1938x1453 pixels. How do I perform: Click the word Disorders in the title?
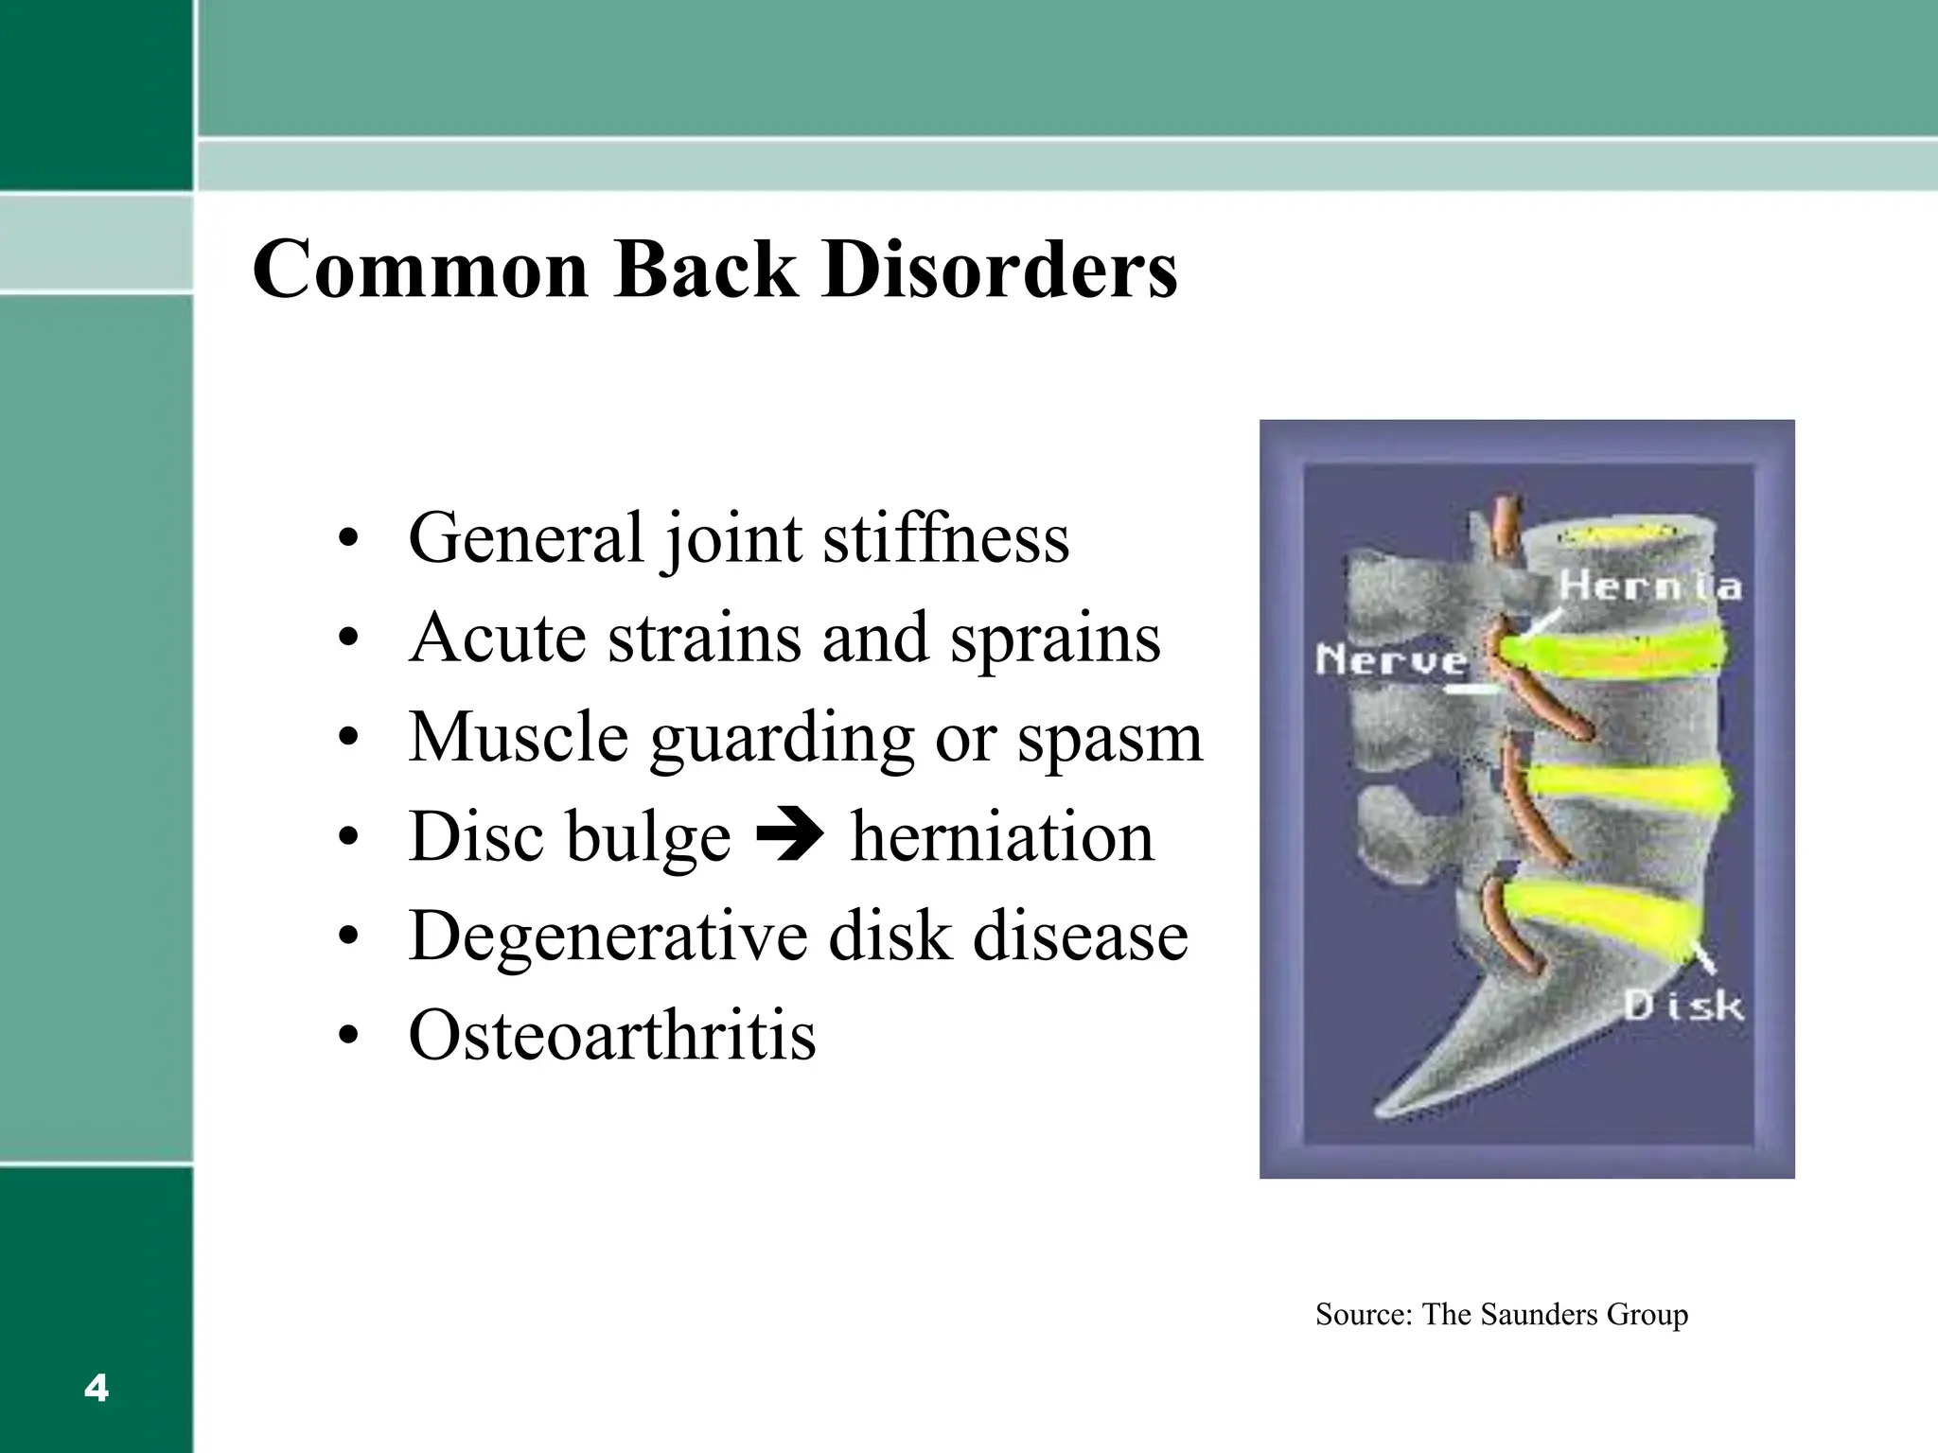(x=999, y=270)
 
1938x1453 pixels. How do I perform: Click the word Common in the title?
(x=421, y=270)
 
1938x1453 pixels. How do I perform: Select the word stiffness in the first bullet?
(x=945, y=537)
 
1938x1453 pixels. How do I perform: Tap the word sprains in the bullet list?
(x=1055, y=639)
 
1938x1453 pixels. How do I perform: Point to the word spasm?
(x=1109, y=738)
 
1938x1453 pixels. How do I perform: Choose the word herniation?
(x=1002, y=836)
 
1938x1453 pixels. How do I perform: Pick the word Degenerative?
(x=608, y=937)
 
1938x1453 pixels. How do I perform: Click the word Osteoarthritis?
(x=611, y=1036)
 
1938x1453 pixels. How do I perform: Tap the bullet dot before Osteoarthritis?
(x=348, y=1038)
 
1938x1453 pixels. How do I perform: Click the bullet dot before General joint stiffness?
(x=348, y=539)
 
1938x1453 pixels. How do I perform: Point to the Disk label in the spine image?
(x=1683, y=1006)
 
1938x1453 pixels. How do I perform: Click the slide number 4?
(x=97, y=1389)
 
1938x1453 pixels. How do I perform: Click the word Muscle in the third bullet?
(x=519, y=738)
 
